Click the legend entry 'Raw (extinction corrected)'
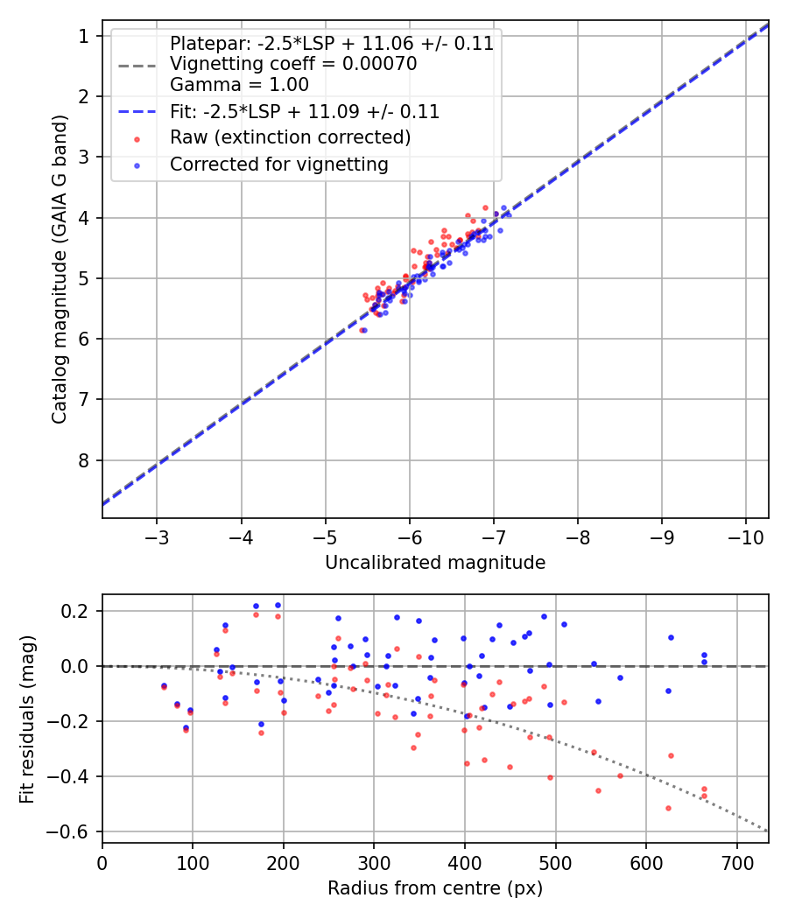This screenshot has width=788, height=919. (x=290, y=137)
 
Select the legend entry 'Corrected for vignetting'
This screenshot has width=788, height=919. (x=278, y=164)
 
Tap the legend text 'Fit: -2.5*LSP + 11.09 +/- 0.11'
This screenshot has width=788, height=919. (x=305, y=112)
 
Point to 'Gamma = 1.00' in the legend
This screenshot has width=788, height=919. (x=239, y=85)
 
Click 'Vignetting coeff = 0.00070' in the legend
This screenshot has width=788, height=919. (x=293, y=64)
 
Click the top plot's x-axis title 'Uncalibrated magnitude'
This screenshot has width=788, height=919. (x=435, y=563)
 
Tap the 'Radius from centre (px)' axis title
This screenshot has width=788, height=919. (x=435, y=888)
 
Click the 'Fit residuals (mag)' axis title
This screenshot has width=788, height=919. (x=27, y=719)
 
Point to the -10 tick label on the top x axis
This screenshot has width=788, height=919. (x=745, y=537)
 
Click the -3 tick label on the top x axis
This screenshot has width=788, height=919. (x=157, y=537)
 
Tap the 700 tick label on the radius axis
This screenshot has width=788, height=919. (x=736, y=862)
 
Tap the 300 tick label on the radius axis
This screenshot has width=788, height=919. (x=374, y=862)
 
